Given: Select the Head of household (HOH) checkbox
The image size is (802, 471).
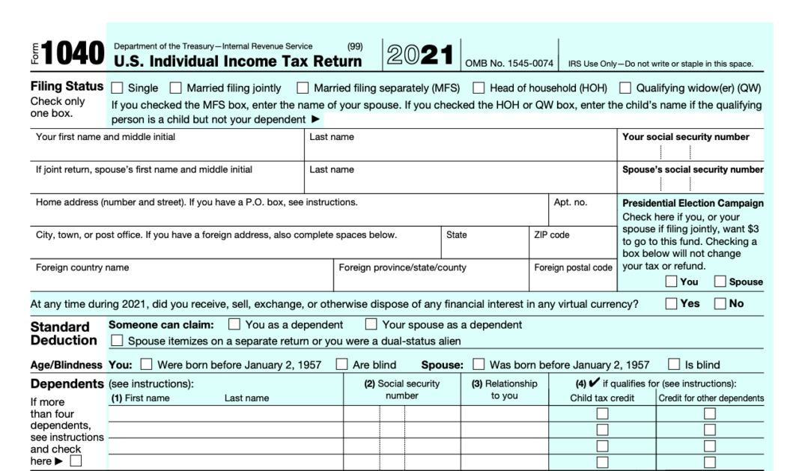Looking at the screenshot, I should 478,88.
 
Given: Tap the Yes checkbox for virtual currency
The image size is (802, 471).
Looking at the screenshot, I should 671,304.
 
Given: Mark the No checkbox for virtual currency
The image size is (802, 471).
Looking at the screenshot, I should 720,304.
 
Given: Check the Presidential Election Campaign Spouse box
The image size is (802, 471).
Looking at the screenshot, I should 720,282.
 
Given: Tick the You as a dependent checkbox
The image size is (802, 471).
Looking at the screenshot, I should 234,325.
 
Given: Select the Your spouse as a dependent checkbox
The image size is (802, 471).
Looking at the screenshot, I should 371,325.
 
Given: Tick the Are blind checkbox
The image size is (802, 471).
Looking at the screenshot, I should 341,365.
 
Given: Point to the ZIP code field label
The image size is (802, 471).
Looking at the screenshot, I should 551,234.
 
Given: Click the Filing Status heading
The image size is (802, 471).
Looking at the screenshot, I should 67,88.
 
